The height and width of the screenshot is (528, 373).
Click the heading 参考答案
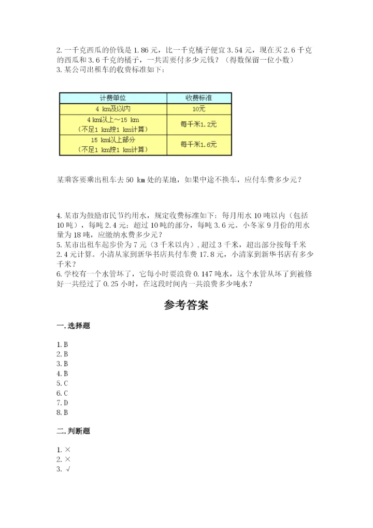click(186, 305)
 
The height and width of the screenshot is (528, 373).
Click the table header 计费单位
click(113, 98)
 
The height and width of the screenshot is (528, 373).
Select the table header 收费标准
click(198, 98)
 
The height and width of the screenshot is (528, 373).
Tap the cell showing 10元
click(198, 109)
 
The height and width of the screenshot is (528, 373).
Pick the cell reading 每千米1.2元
click(198, 124)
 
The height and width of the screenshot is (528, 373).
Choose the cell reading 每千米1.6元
click(198, 145)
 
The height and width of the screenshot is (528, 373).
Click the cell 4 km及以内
click(113, 109)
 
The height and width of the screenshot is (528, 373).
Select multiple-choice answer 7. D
click(63, 402)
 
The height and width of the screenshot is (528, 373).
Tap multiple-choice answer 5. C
click(63, 383)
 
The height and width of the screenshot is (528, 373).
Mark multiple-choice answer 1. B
click(63, 344)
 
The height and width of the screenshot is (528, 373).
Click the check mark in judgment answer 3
click(68, 469)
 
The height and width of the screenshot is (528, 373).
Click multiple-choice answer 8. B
click(63, 412)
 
